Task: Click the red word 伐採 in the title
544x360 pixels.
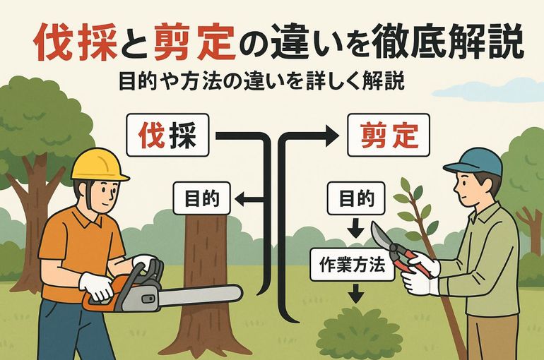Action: pyautogui.click(x=76, y=42)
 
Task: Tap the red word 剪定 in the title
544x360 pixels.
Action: pyautogui.click(x=195, y=42)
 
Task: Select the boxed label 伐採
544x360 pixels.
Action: pyautogui.click(x=167, y=136)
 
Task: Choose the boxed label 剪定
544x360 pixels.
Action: pyautogui.click(x=389, y=136)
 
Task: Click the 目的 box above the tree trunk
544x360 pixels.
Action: pyautogui.click(x=202, y=198)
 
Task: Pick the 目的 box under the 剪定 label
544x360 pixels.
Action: pyautogui.click(x=356, y=198)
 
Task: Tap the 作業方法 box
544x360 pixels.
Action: pyautogui.click(x=352, y=265)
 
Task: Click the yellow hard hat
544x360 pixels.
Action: pyautogui.click(x=99, y=165)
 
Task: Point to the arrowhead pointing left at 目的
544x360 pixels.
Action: pyautogui.click(x=241, y=199)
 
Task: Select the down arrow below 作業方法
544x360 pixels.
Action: pyautogui.click(x=355, y=294)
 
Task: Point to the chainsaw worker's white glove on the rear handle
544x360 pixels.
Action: pyautogui.click(x=96, y=287)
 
